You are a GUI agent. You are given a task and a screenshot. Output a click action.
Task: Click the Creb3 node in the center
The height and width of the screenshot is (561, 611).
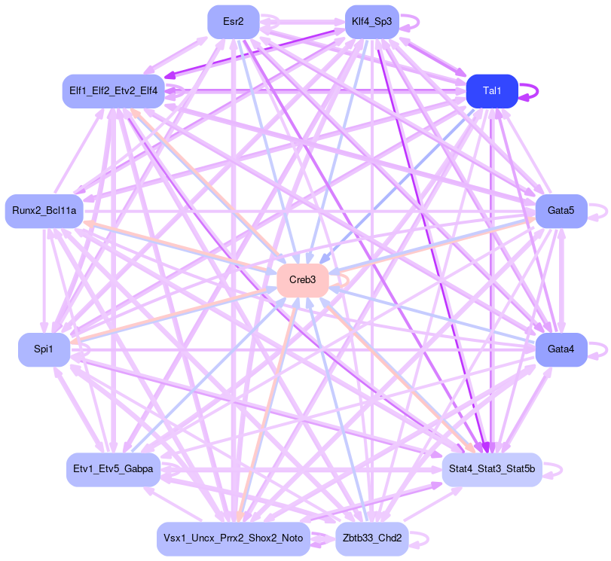[302, 280]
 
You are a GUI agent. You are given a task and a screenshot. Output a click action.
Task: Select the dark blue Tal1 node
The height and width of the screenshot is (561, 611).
[491, 91]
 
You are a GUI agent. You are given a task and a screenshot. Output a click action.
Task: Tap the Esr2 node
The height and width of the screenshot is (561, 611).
[234, 22]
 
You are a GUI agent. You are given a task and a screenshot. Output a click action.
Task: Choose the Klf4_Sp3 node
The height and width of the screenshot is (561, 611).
[371, 22]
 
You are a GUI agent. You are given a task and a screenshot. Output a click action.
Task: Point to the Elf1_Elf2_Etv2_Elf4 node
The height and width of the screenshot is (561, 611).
[113, 91]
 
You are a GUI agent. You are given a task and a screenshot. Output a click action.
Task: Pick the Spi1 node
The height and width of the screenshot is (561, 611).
[44, 349]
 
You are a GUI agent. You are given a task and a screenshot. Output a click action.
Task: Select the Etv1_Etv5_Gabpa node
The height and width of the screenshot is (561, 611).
[113, 468]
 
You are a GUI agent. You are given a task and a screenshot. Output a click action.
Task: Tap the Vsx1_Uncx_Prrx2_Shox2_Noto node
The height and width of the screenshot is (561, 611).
[234, 538]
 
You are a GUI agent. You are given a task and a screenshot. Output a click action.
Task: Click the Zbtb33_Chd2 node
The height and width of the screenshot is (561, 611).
[371, 538]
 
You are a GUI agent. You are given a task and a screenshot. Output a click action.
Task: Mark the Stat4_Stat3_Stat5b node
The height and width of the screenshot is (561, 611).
[491, 468]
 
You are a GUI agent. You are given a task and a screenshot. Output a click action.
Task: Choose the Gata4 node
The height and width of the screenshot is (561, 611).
[561, 349]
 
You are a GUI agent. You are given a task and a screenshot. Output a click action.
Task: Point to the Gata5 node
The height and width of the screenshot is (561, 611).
[561, 210]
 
